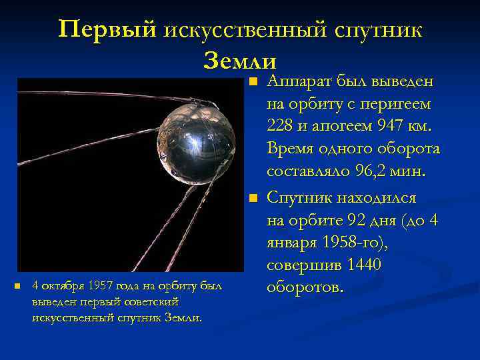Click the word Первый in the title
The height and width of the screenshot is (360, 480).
coord(107,30)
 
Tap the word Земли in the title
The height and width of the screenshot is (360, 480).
coord(239,61)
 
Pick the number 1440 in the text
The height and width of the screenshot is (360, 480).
coord(361,265)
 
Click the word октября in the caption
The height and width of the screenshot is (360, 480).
coord(61,287)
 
